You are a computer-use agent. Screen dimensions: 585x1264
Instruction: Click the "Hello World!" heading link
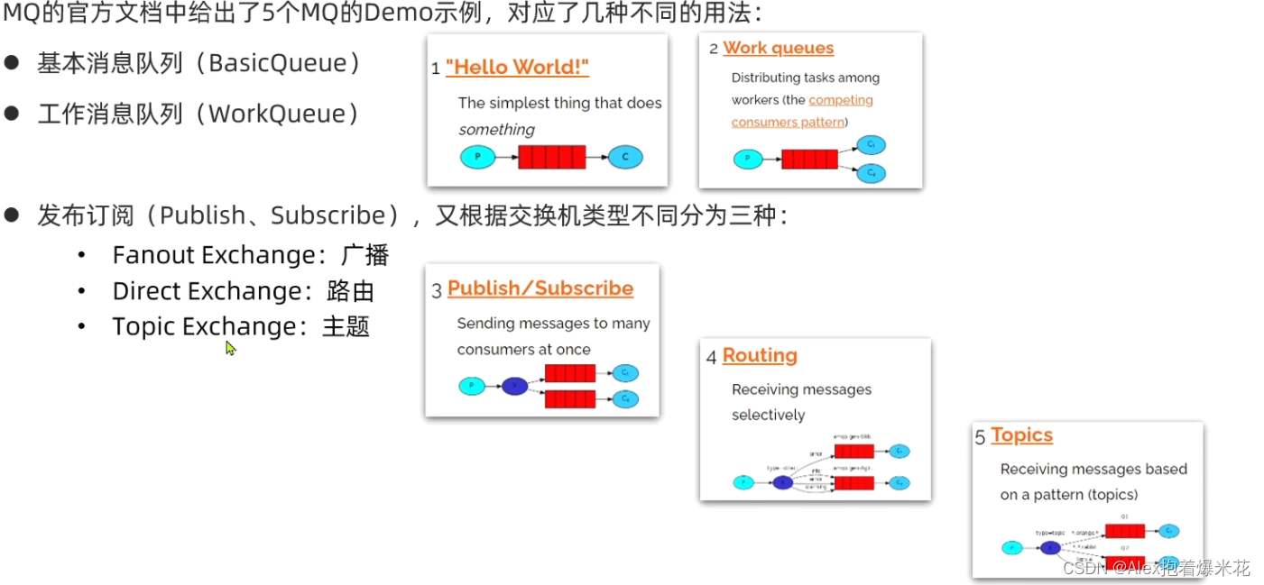pyautogui.click(x=517, y=68)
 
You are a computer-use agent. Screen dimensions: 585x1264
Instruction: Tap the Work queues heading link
pyautogui.click(x=778, y=49)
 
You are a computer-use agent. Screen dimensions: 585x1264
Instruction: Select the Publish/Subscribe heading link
pyautogui.click(x=540, y=288)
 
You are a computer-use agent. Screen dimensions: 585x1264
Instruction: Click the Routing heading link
pyautogui.click(x=760, y=356)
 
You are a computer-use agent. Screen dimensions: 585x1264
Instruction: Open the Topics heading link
pyautogui.click(x=1021, y=435)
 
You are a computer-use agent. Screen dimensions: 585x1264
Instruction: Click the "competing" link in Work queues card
pyautogui.click(x=841, y=100)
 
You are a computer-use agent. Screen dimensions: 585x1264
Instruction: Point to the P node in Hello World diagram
pyautogui.click(x=478, y=158)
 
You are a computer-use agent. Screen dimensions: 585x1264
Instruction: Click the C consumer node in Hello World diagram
pyautogui.click(x=624, y=158)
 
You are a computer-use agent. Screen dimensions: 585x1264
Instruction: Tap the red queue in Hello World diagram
pyautogui.click(x=551, y=158)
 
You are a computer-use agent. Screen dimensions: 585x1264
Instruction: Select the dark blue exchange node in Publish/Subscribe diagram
pyautogui.click(x=514, y=386)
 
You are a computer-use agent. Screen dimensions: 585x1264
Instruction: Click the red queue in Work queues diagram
pyautogui.click(x=809, y=160)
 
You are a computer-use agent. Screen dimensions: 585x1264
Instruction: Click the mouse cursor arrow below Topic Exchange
pyautogui.click(x=230, y=348)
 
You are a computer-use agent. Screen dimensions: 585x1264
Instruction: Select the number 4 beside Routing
pyautogui.click(x=711, y=358)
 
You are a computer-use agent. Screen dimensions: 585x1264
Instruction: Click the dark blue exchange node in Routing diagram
pyautogui.click(x=783, y=482)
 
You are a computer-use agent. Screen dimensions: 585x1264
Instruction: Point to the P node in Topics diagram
pyautogui.click(x=1012, y=547)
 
